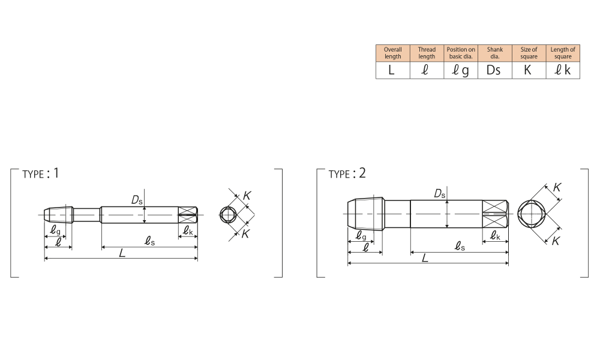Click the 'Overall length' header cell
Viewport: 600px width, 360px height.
click(x=392, y=53)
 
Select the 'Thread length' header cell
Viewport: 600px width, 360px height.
click(x=427, y=53)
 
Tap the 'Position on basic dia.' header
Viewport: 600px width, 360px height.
click(x=461, y=53)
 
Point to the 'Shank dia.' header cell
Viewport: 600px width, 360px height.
click(x=495, y=53)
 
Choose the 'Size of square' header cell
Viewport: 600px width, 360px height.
click(x=529, y=53)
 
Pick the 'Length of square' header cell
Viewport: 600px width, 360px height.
click(x=563, y=53)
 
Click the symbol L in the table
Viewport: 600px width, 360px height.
click(x=391, y=70)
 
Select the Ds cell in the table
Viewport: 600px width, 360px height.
click(x=494, y=70)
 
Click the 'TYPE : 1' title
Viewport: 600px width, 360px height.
click(x=41, y=173)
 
